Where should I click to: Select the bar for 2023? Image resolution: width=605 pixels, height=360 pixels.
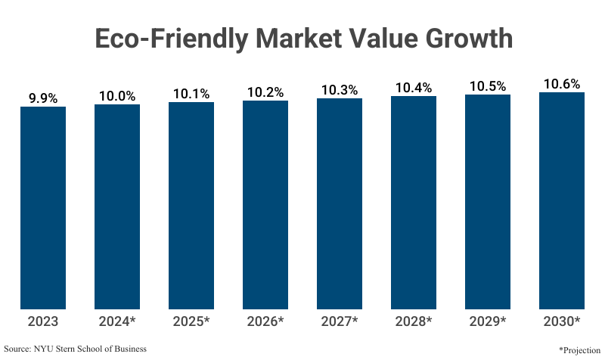pos(43,208)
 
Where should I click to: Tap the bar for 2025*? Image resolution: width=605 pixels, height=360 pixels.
pos(191,206)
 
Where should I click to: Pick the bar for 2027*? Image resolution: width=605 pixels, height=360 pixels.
pos(340,204)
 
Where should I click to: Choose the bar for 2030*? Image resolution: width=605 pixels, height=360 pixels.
pos(562,201)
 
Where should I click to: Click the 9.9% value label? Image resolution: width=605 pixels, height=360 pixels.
pos(43,98)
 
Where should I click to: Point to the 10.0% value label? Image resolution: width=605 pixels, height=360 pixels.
pos(117,96)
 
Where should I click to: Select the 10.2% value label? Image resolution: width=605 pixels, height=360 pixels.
pos(265,92)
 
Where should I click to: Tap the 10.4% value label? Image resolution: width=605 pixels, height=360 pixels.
pos(414,88)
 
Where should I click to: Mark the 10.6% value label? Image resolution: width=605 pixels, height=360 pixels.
pos(562,83)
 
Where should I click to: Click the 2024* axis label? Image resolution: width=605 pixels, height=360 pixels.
pos(117,321)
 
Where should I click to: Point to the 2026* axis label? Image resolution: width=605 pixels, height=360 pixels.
pos(265,321)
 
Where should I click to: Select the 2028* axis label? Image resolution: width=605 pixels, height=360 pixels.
pos(414,321)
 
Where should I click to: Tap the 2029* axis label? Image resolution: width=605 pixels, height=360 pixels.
pos(488,321)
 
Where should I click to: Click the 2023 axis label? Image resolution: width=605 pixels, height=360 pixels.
pos(43,321)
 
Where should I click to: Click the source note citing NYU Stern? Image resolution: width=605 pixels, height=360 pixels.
pos(76,349)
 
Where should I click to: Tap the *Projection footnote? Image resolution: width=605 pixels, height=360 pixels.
pos(579,350)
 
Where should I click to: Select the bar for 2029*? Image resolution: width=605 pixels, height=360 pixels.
pos(488,202)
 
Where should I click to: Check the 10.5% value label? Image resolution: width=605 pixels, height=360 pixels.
pos(488,86)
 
